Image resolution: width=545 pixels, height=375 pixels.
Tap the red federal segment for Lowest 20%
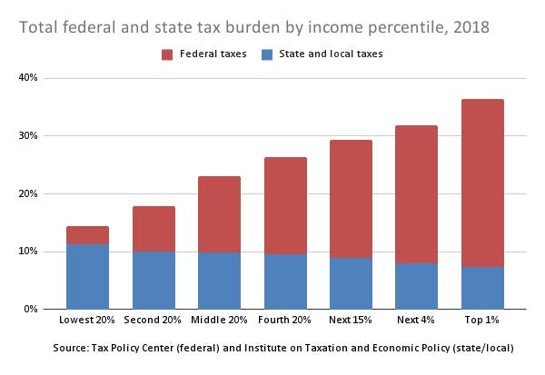click(87, 235)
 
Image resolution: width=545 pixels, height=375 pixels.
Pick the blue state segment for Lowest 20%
click(87, 277)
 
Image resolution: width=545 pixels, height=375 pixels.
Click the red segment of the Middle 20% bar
click(219, 214)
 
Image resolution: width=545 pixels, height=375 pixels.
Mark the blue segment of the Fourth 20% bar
click(284, 281)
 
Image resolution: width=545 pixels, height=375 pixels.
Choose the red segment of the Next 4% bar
click(416, 193)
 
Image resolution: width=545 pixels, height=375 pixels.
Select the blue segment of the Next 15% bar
click(351, 283)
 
